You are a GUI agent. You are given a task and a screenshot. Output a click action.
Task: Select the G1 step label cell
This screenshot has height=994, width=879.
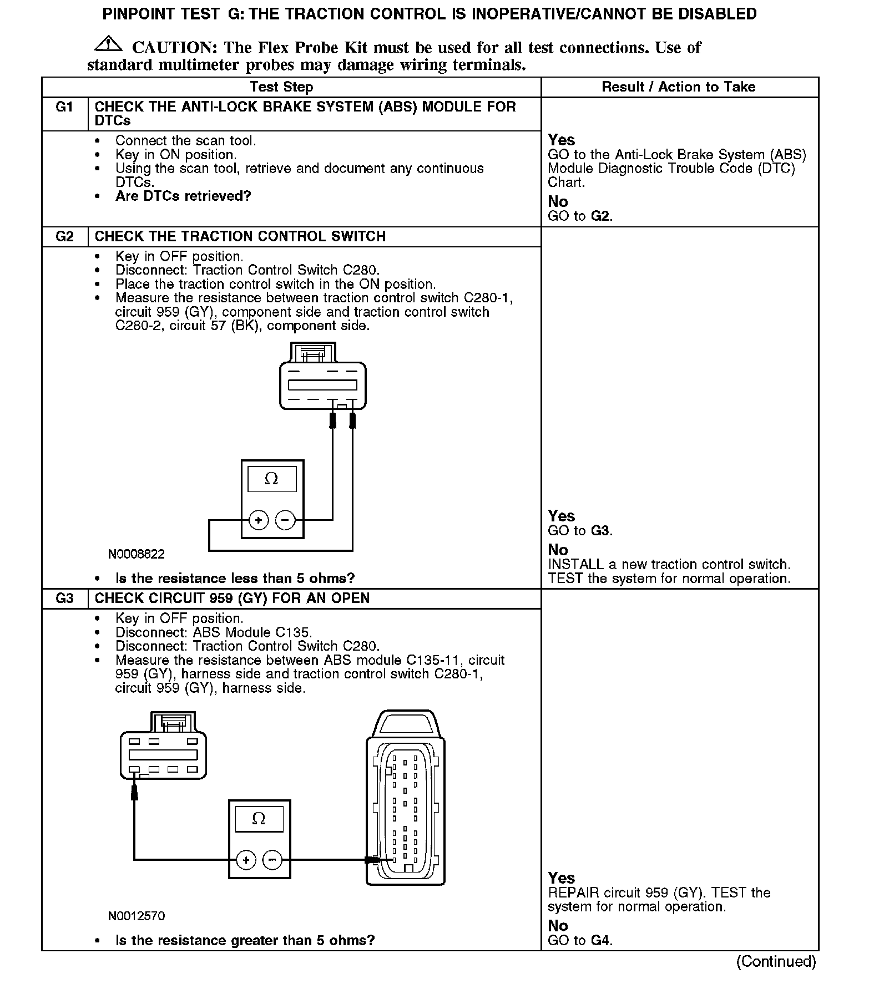[x=64, y=107]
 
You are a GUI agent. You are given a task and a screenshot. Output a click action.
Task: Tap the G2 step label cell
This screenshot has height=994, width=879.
[x=64, y=236]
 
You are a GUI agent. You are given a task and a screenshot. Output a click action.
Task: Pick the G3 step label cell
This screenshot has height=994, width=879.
[x=64, y=599]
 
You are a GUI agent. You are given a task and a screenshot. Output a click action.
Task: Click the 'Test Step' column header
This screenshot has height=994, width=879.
[x=281, y=87]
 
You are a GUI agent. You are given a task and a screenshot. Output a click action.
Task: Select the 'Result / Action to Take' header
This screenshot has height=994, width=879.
[x=678, y=87]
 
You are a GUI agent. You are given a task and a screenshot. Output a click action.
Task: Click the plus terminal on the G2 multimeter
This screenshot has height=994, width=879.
[x=258, y=520]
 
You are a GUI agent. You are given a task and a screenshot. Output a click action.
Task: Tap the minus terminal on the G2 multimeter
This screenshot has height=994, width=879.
[x=285, y=520]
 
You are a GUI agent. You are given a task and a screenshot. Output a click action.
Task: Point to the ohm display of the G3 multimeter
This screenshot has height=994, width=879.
[x=259, y=819]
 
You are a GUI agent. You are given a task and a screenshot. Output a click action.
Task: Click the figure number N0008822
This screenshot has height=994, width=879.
[x=137, y=554]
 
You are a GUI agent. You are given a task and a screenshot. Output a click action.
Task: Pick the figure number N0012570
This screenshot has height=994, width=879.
[x=137, y=916]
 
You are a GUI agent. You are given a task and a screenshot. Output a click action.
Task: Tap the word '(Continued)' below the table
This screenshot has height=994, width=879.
[x=776, y=961]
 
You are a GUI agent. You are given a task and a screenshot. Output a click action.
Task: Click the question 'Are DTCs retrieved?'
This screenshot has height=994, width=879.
[x=183, y=196]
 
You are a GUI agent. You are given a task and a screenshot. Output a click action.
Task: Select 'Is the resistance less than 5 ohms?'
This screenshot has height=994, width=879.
[x=235, y=579]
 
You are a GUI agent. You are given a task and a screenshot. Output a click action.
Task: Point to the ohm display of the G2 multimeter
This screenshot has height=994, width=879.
[x=271, y=479]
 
